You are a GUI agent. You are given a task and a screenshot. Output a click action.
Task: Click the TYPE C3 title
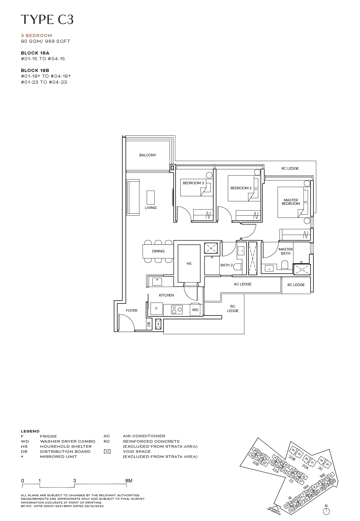pyautogui.click(x=47, y=20)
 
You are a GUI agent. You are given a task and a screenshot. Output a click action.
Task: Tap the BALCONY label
pyautogui.click(x=148, y=155)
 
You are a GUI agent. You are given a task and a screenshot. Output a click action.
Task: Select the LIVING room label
pyautogui.click(x=151, y=208)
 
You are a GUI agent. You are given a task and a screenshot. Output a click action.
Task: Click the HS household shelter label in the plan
pyautogui.click(x=189, y=264)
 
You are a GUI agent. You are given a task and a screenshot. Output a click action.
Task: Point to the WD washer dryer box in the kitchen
pyautogui.click(x=195, y=310)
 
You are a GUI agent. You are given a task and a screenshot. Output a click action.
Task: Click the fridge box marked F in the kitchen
pyautogui.click(x=157, y=309)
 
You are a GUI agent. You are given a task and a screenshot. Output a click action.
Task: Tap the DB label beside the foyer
pyautogui.click(x=149, y=324)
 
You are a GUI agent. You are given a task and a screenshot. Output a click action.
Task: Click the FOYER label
pyautogui.click(x=132, y=310)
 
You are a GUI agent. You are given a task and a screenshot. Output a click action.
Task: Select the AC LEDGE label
pyautogui.click(x=242, y=284)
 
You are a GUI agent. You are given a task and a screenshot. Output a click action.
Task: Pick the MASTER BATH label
pyautogui.click(x=286, y=251)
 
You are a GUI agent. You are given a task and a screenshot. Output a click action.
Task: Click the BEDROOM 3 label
pyautogui.click(x=193, y=183)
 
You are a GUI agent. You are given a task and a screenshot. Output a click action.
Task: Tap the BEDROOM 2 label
pyautogui.click(x=241, y=188)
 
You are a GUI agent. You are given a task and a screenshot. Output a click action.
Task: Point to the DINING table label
pyautogui.click(x=158, y=251)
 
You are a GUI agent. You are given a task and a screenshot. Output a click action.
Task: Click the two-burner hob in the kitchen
pyautogui.click(x=177, y=309)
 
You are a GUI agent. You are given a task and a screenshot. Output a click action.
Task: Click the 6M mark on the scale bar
pyautogui.click(x=129, y=481)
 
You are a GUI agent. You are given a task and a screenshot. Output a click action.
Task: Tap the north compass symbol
pyautogui.click(x=326, y=511)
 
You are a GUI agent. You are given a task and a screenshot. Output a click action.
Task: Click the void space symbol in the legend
pyautogui.click(x=107, y=451)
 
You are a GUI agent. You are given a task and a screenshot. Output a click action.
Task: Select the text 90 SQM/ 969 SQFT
pyautogui.click(x=46, y=41)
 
